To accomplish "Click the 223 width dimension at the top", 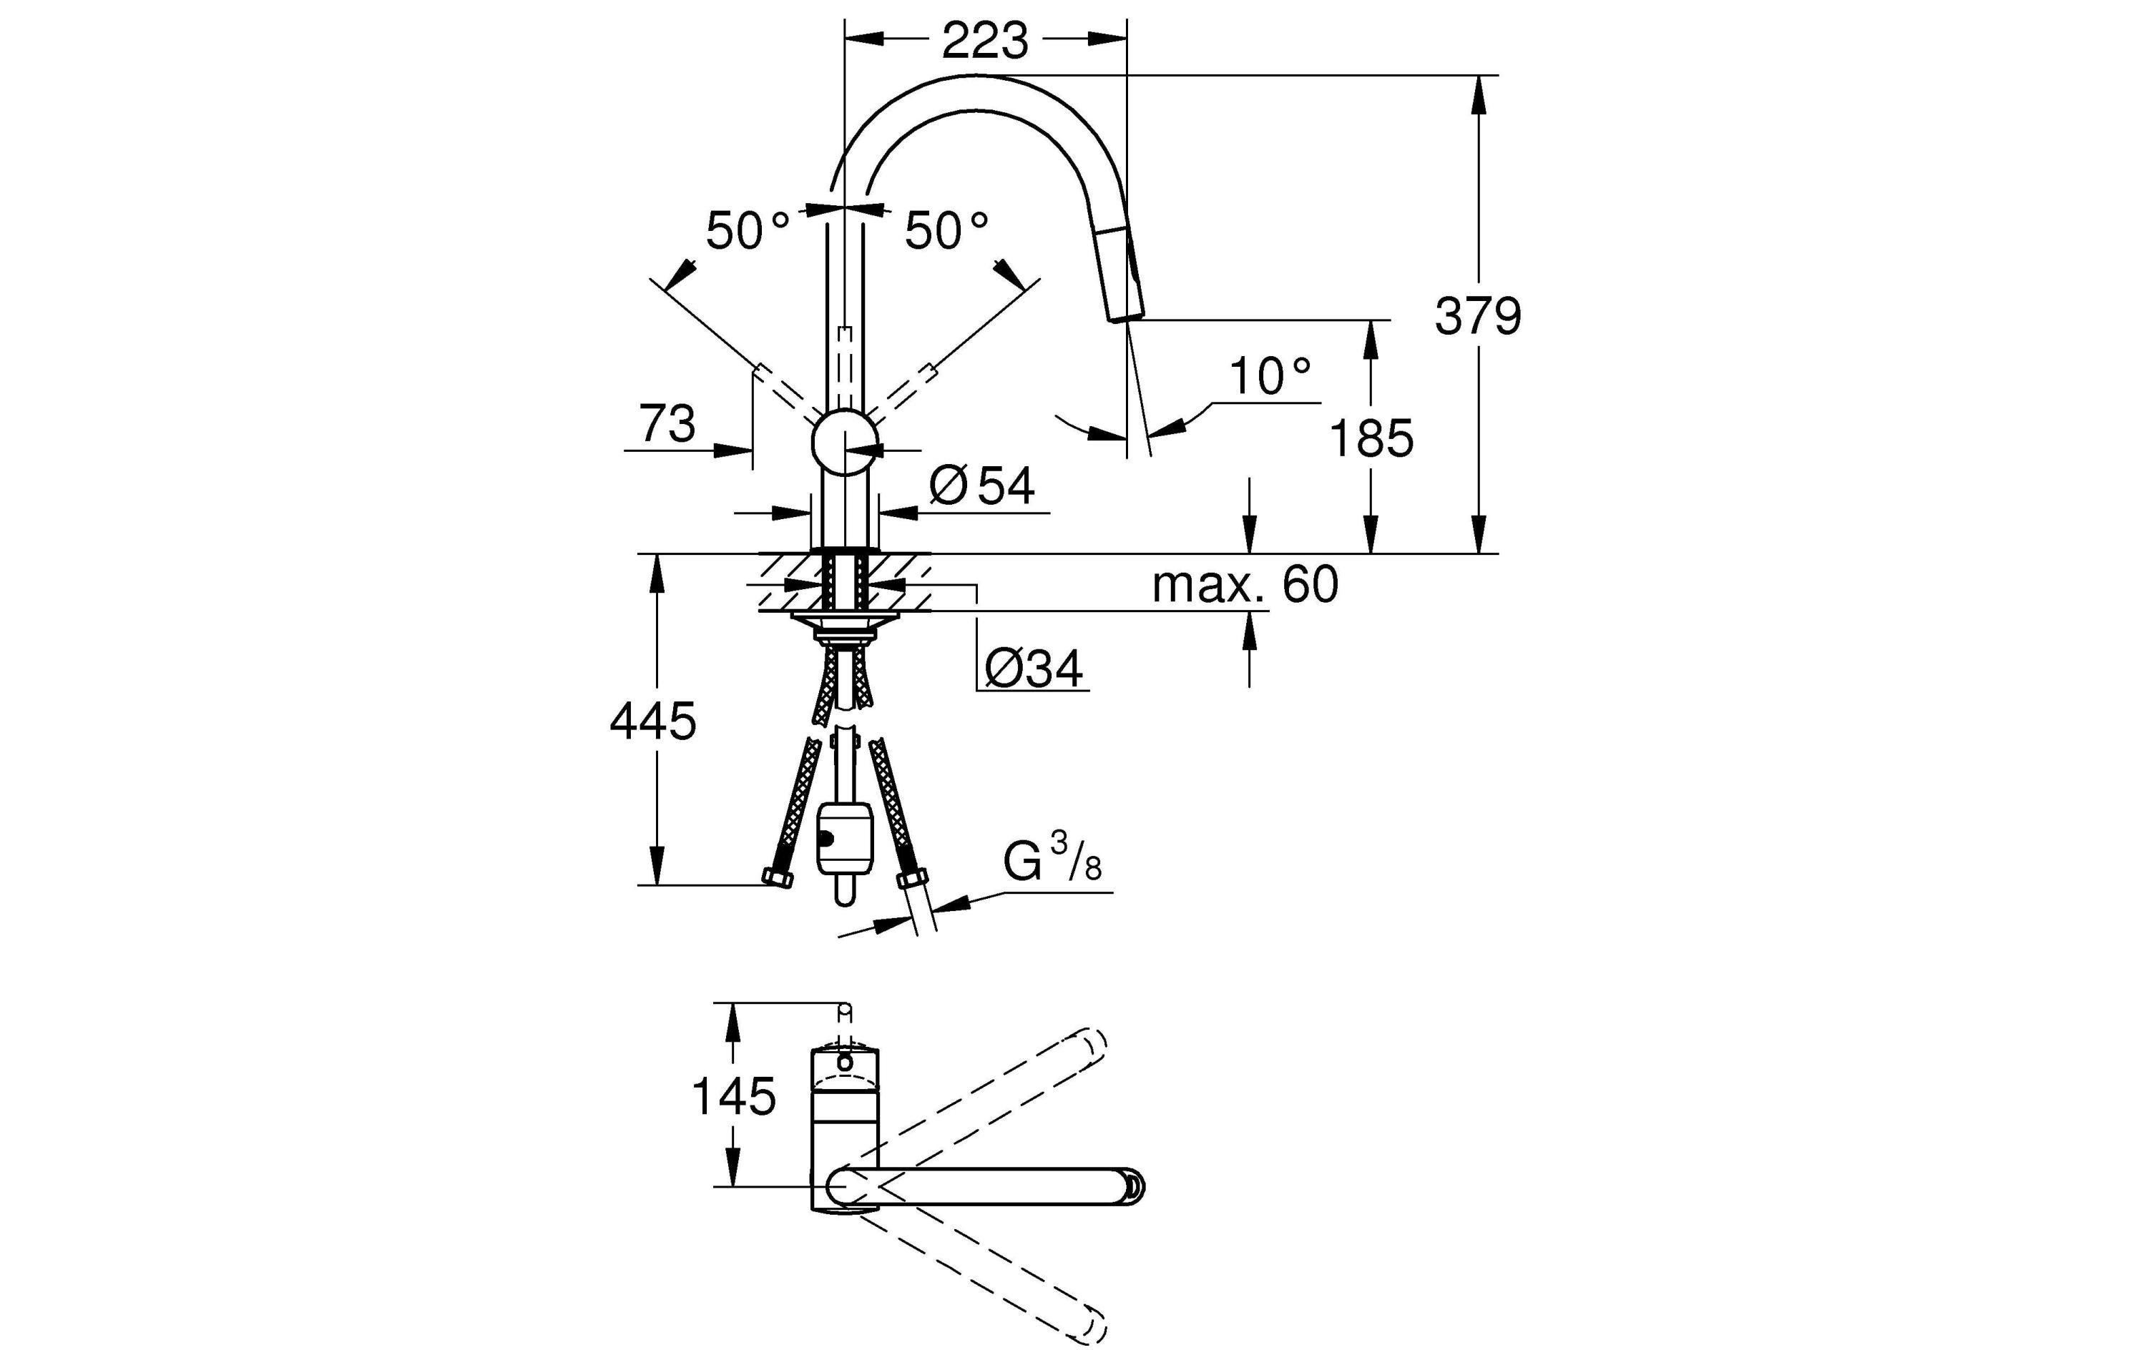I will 985,41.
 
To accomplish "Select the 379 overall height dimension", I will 1478,316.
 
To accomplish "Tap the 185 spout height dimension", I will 1371,438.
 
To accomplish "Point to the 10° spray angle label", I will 1269,377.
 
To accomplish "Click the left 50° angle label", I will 747,232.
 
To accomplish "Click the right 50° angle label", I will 946,232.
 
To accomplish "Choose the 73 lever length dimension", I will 667,423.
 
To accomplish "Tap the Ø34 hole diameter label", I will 1034,669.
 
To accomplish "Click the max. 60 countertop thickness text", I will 1245,586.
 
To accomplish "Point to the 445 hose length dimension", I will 652,721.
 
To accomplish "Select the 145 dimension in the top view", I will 733,1096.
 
